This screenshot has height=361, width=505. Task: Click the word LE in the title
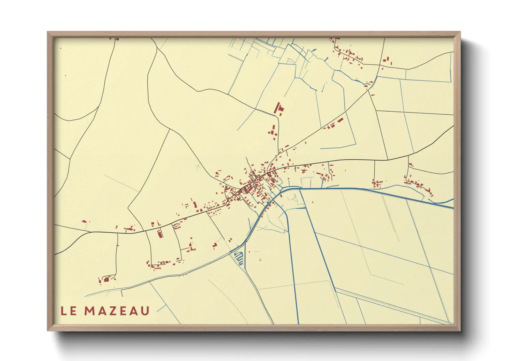coord(68,311)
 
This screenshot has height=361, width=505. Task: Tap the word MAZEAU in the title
coord(117,311)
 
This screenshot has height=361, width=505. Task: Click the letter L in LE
coord(64,311)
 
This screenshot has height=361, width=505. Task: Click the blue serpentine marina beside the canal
coord(239,257)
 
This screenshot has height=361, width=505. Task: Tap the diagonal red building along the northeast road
coord(340,120)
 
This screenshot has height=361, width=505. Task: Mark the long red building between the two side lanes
coord(159,234)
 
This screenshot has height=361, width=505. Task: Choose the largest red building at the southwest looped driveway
coord(106,279)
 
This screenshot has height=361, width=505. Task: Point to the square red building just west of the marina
coord(215,245)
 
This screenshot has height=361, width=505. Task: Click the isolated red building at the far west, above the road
coord(84,221)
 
